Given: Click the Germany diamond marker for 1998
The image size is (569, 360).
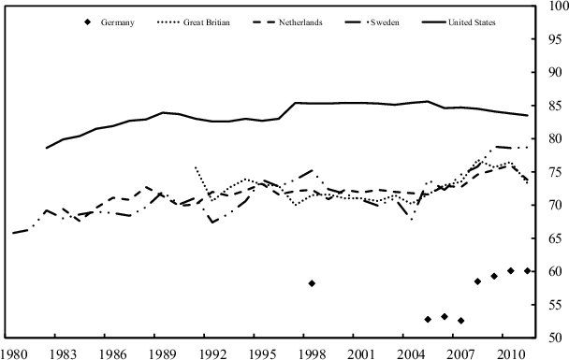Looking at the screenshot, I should coord(312,283).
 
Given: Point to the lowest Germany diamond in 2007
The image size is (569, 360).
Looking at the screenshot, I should coord(461,320).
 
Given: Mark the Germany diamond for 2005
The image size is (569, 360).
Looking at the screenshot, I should coord(428,319).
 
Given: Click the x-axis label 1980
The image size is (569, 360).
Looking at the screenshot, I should coord(13,353).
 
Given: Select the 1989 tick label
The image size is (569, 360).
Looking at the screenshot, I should coord(163,353).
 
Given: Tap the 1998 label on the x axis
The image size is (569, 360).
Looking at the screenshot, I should coord(312,353).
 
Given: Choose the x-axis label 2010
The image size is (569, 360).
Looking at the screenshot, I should coord(511,353).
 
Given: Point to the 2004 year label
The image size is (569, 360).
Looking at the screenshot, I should coord(412,353).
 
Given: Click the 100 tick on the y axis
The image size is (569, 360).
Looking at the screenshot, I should coord(555,7).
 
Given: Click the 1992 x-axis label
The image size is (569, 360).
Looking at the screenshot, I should coord(212,353).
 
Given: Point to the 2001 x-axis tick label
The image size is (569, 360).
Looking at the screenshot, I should coord(361,353).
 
